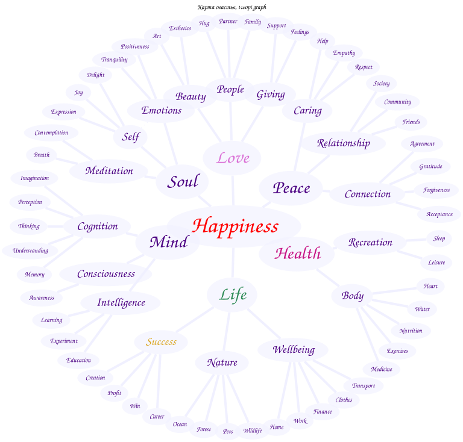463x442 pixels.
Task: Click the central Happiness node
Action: (x=235, y=226)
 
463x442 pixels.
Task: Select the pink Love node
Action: (x=233, y=158)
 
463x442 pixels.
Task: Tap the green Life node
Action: (x=233, y=295)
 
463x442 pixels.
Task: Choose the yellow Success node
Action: (x=161, y=342)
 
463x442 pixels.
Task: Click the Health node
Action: (x=297, y=254)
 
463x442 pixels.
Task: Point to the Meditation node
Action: (x=109, y=171)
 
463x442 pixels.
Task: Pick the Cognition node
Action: (x=98, y=226)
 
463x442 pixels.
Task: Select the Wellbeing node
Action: (x=294, y=350)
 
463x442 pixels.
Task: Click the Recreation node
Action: (x=370, y=242)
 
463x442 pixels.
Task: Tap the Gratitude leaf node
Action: (x=430, y=166)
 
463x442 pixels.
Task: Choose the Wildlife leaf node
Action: (x=253, y=431)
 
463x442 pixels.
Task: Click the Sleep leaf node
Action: (x=439, y=238)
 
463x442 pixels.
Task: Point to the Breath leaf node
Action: (x=42, y=155)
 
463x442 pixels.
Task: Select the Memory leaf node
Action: (x=34, y=275)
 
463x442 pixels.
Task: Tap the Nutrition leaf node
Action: (x=411, y=331)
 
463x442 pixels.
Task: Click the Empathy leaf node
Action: (x=344, y=53)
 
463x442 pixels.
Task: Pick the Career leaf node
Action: (x=157, y=416)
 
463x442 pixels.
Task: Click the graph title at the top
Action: (x=231, y=7)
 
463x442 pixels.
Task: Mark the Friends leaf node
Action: (x=411, y=122)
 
